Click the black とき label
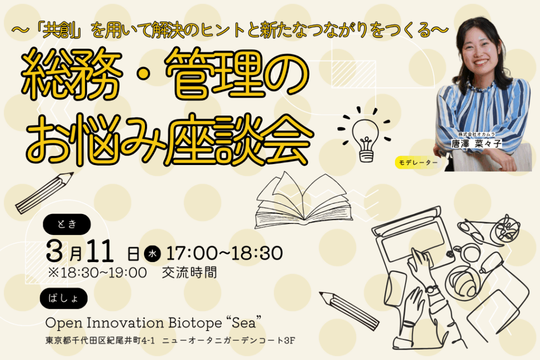pos(67,225)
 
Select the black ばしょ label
pos(64,298)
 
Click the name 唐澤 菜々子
pos(476,143)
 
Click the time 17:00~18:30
pos(225,254)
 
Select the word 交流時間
pos(189,273)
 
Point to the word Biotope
pos(195,323)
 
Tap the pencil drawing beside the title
pos(44,193)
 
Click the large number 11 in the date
pos(100,251)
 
